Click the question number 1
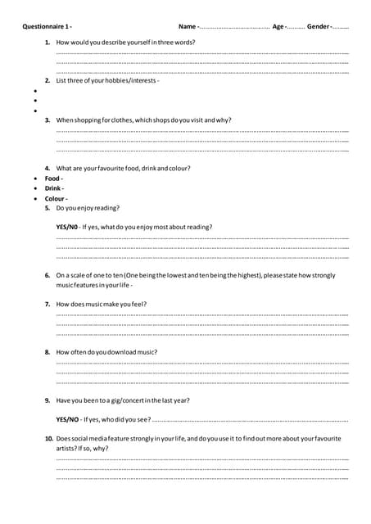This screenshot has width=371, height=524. (x=48, y=41)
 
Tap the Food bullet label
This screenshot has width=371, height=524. (x=52, y=178)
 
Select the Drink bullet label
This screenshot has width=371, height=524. (x=53, y=188)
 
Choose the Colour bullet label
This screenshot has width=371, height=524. (x=55, y=199)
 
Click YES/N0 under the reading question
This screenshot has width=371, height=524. (x=66, y=227)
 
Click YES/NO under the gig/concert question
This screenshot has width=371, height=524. (x=67, y=420)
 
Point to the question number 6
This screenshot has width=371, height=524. (x=48, y=276)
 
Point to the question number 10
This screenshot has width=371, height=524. (x=49, y=439)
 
